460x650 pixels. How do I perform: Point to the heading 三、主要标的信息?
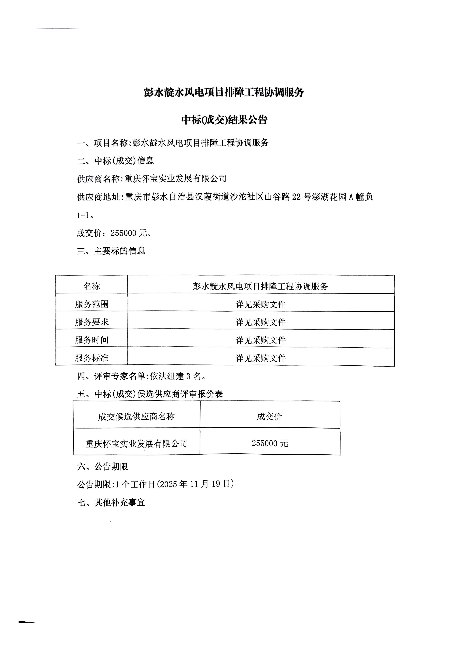(111, 251)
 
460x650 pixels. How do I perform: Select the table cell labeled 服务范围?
(91, 304)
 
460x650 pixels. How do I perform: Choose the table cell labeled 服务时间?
(91, 340)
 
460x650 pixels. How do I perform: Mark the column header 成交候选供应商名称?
(136, 417)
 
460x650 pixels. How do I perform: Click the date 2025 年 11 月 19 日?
(195, 484)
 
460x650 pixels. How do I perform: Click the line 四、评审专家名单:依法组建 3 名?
(142, 376)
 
